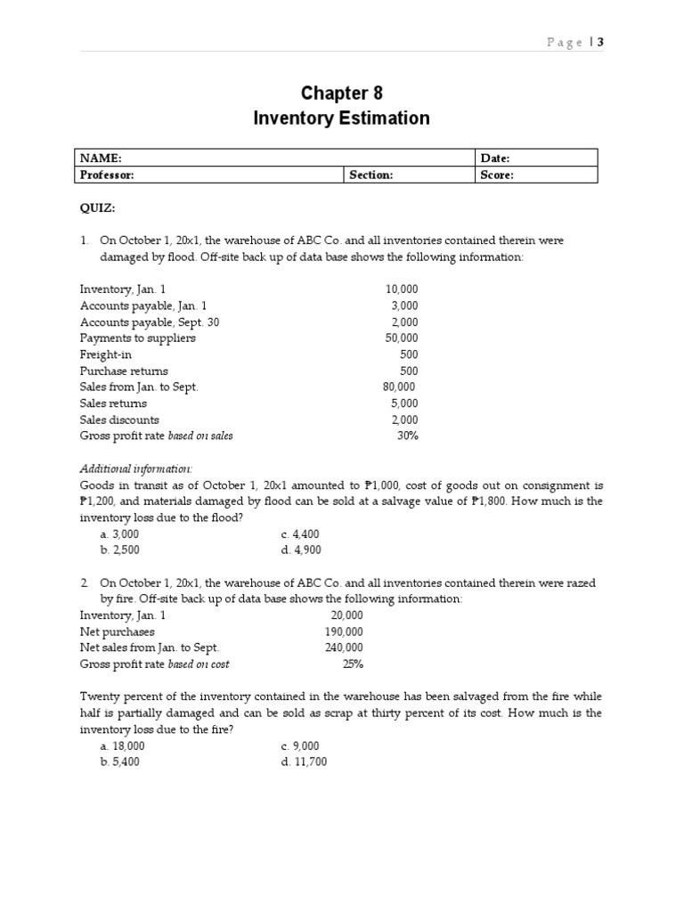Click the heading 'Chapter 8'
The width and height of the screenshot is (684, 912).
pyautogui.click(x=341, y=94)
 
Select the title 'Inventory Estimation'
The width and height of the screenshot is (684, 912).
pyautogui.click(x=341, y=118)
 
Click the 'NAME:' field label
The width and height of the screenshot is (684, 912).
pyautogui.click(x=101, y=158)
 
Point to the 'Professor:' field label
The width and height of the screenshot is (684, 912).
pyautogui.click(x=108, y=175)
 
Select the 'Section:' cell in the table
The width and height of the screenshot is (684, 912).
pyautogui.click(x=370, y=175)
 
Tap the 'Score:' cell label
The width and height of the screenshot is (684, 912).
pyautogui.click(x=497, y=175)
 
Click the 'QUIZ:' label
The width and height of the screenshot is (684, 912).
pyautogui.click(x=98, y=208)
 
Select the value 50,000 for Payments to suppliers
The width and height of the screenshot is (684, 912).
pyautogui.click(x=401, y=338)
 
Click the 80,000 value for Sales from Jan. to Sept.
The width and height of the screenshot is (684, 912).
pyautogui.click(x=399, y=387)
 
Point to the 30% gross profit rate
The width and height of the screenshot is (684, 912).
pyautogui.click(x=407, y=436)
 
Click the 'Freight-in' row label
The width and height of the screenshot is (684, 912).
pyautogui.click(x=106, y=354)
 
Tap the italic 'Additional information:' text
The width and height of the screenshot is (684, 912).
pyautogui.click(x=136, y=468)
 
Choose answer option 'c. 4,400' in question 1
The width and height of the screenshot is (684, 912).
pyautogui.click(x=299, y=534)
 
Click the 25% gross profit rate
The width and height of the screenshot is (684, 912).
pyautogui.click(x=353, y=664)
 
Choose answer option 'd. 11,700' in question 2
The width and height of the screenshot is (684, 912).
pyautogui.click(x=303, y=761)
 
